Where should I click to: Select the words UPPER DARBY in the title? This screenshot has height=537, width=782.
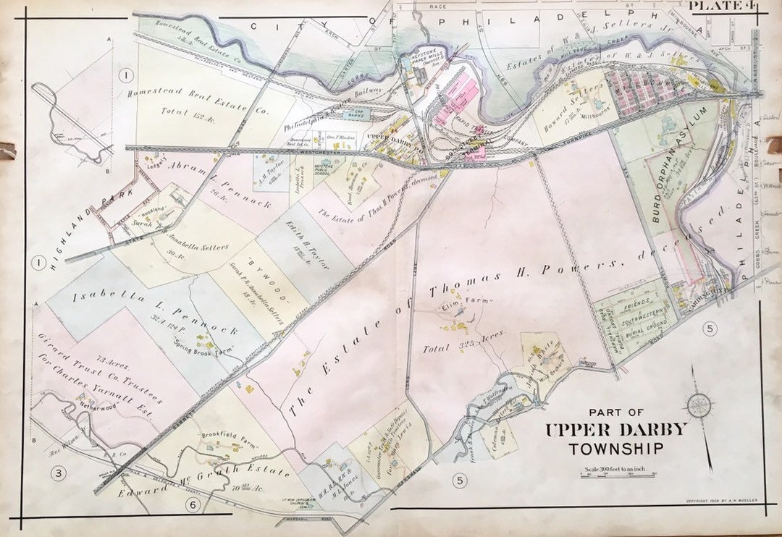point(615,430)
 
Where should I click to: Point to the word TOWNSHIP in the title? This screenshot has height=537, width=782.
point(616,449)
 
